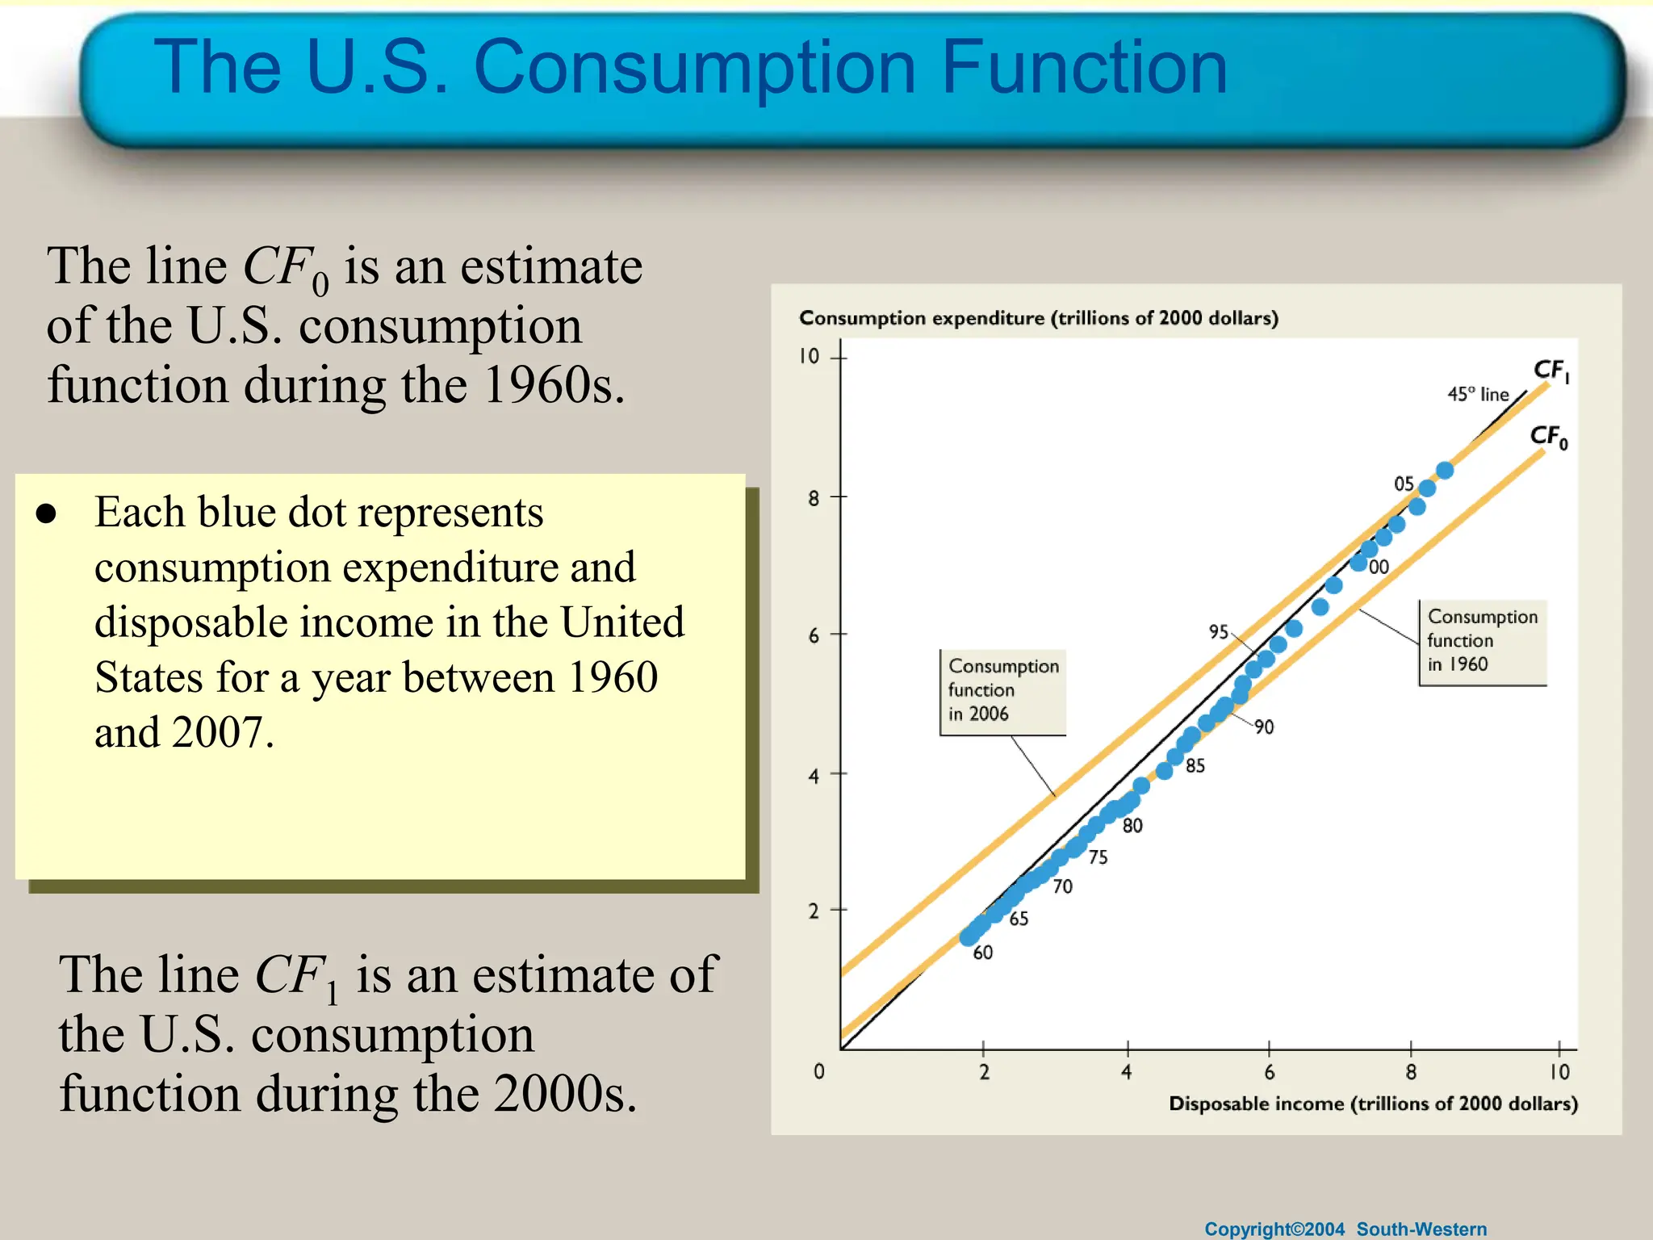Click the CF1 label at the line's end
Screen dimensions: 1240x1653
click(1550, 371)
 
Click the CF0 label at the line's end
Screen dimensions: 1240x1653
click(1548, 438)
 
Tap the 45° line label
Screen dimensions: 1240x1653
click(1478, 394)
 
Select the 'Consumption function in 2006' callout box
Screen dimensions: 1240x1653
click(1002, 691)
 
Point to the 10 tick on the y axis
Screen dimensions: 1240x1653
click(810, 356)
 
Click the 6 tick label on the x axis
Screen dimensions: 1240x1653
click(1269, 1072)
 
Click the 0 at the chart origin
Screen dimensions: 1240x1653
click(818, 1071)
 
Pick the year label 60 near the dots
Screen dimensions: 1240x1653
click(982, 953)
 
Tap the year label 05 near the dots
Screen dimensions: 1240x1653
click(1404, 484)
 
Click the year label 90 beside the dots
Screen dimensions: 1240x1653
click(1264, 727)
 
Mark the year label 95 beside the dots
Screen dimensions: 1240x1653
click(1219, 631)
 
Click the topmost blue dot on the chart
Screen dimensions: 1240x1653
click(1445, 470)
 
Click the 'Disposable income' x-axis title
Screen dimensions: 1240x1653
click(1372, 1104)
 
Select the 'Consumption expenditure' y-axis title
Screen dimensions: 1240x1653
click(1038, 318)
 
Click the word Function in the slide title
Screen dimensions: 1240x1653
click(1083, 68)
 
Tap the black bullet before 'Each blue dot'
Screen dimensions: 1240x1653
click(47, 514)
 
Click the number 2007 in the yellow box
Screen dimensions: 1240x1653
click(218, 733)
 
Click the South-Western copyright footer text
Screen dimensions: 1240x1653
click(1345, 1229)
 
